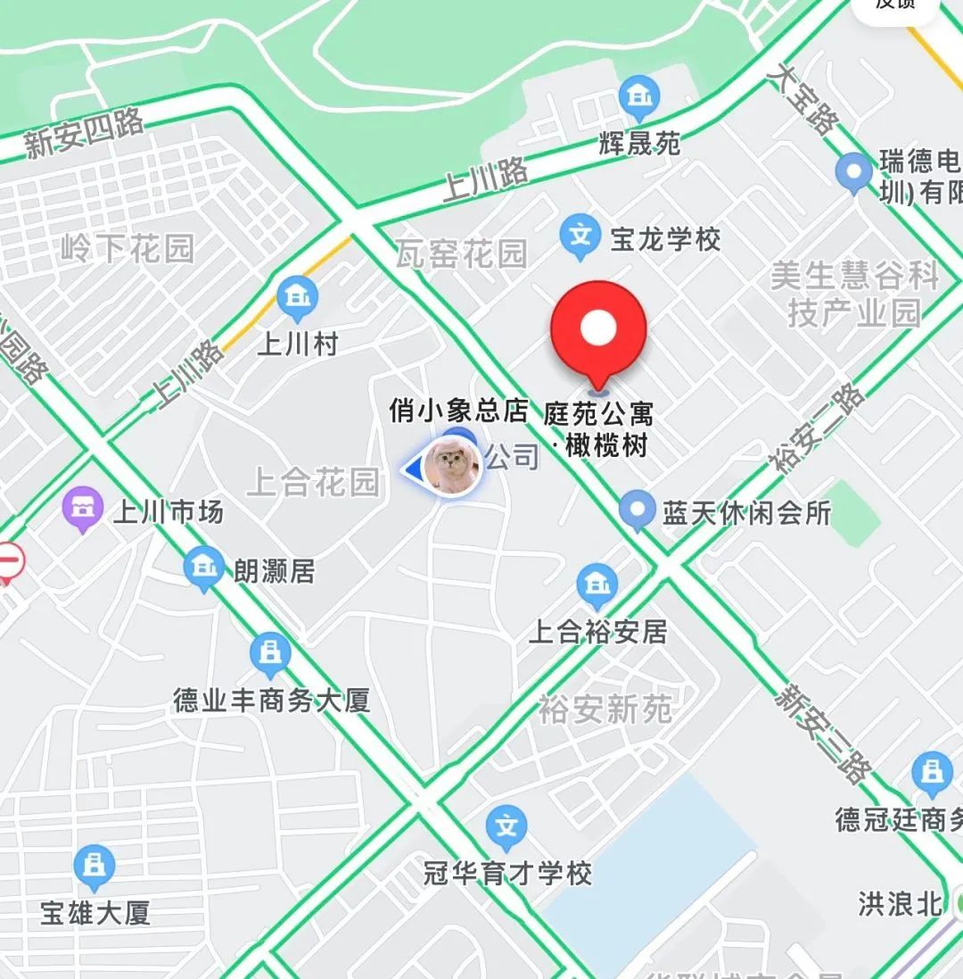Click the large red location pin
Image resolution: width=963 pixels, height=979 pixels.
pyautogui.click(x=598, y=330)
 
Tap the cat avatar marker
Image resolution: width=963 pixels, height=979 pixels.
pyautogui.click(x=452, y=466)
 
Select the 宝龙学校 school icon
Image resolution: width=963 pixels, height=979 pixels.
pyautogui.click(x=580, y=236)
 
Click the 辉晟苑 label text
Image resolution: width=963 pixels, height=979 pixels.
pyautogui.click(x=640, y=143)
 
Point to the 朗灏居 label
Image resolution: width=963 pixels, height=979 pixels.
pyautogui.click(x=275, y=570)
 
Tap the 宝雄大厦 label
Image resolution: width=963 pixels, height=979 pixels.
pyautogui.click(x=95, y=912)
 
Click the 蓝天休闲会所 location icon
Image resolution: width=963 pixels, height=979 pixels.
pyautogui.click(x=637, y=511)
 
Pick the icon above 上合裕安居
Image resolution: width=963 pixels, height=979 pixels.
pyautogui.click(x=597, y=586)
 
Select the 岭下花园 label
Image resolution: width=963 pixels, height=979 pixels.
pyautogui.click(x=128, y=249)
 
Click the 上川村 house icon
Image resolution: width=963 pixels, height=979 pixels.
pyautogui.click(x=297, y=299)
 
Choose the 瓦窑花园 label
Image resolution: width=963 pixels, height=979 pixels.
pyautogui.click(x=462, y=254)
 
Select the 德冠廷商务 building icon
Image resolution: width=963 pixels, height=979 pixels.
pyautogui.click(x=933, y=775)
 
